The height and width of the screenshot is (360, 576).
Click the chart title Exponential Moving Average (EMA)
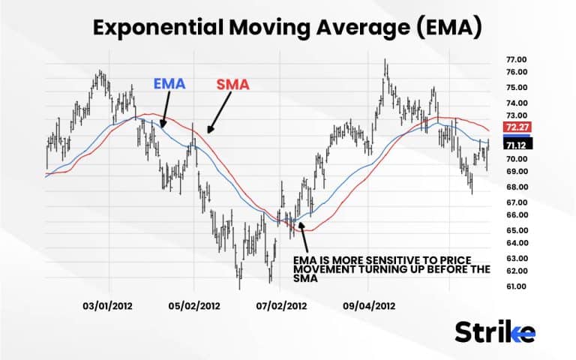pos(287,28)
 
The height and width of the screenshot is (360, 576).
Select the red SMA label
pos(233,83)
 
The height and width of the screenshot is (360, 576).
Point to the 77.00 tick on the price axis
pos(517,59)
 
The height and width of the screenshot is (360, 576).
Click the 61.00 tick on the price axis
pos(517,286)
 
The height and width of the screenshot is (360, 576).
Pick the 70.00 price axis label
pos(517,159)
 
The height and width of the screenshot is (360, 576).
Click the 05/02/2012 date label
pos(194,306)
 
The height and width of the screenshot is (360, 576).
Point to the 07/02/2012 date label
pos(281,306)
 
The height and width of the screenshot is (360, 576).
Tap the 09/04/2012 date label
pos(369,306)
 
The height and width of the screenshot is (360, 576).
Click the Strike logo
pos(495,331)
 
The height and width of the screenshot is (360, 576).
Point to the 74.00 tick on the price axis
pos(517,103)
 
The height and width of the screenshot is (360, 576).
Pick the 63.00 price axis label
pos(517,257)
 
